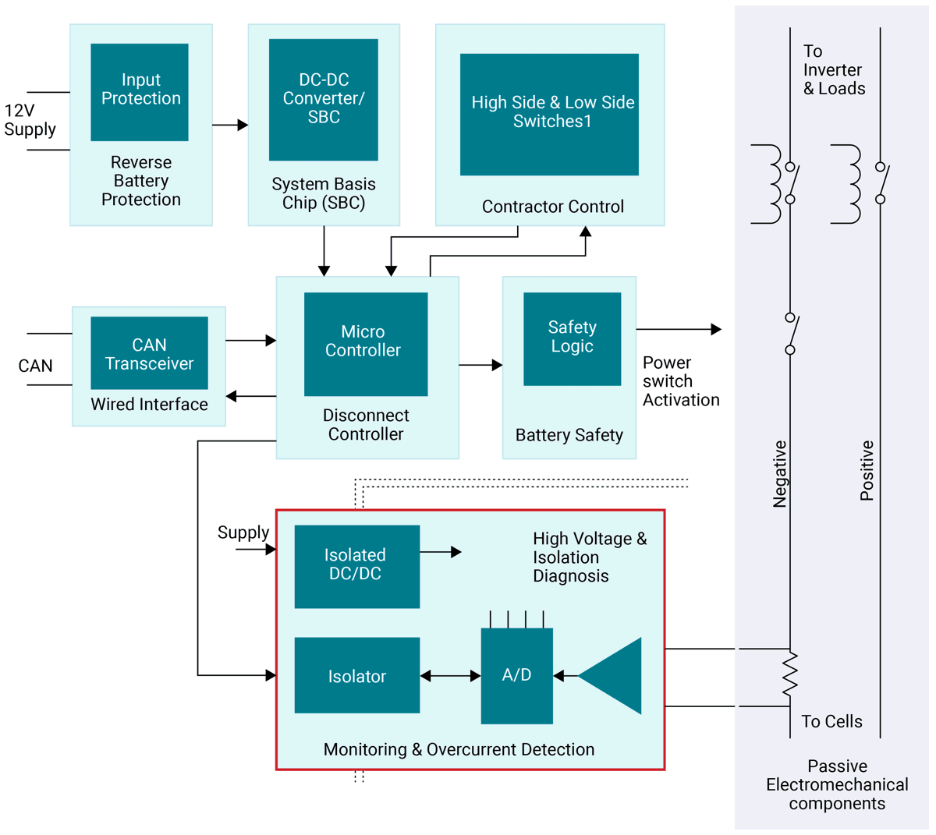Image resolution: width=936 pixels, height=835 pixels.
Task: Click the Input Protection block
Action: [x=140, y=92]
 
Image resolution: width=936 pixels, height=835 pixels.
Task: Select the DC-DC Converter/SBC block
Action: [x=324, y=99]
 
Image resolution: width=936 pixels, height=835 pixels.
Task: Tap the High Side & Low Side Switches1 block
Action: [x=549, y=114]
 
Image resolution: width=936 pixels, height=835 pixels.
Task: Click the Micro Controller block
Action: [x=366, y=344]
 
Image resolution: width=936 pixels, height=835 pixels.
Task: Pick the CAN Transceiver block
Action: [x=149, y=352]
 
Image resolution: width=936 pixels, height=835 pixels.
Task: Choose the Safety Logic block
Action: [x=572, y=338]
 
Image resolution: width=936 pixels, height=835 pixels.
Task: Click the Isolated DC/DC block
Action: [x=356, y=566]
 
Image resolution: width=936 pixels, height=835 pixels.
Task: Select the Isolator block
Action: [x=356, y=675]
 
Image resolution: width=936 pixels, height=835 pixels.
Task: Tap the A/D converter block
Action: [x=516, y=675]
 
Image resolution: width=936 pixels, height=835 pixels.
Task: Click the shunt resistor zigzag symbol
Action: [x=790, y=674]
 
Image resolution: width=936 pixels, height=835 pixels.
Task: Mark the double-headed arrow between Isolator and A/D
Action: [x=450, y=676]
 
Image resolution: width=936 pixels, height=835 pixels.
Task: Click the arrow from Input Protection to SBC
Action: [x=230, y=125]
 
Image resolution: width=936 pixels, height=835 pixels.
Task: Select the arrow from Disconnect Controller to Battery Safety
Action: [x=480, y=365]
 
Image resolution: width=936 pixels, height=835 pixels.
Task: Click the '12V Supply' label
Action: [x=30, y=120]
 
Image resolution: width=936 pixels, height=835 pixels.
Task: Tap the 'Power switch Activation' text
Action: [x=680, y=381]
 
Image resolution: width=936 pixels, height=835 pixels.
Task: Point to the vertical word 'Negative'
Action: [x=779, y=474]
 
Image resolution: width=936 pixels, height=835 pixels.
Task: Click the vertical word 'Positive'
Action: [x=867, y=470]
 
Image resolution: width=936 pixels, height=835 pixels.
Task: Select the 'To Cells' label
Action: [x=831, y=721]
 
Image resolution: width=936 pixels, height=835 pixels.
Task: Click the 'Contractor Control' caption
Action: [x=552, y=207]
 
